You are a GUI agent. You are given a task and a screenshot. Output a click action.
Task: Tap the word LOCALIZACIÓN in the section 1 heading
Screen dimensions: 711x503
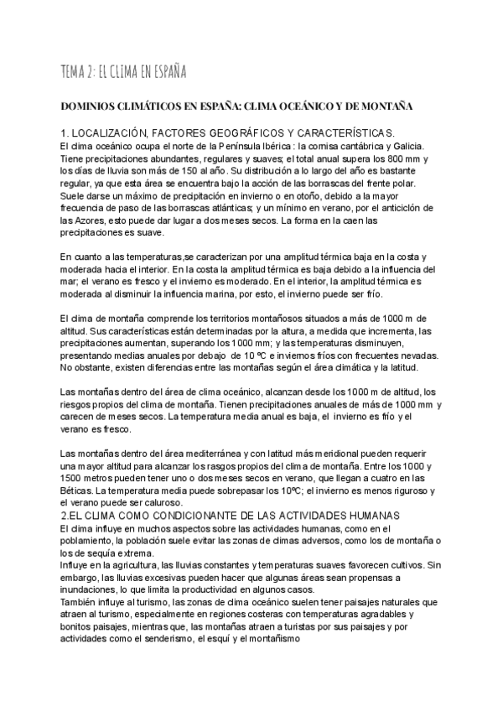(117, 134)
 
